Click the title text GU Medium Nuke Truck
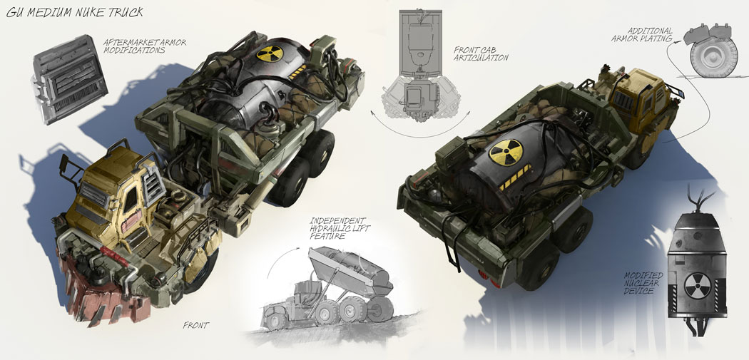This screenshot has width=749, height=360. tap(74, 12)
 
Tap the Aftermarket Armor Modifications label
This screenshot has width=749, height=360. tap(145, 46)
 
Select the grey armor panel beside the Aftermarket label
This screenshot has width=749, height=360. tap(70, 78)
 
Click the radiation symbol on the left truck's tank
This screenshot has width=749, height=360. tap(270, 53)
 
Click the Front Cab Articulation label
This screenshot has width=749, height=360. tap(481, 53)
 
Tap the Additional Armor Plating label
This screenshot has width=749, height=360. tap(643, 34)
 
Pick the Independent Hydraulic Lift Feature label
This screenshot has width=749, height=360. tap(340, 228)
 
